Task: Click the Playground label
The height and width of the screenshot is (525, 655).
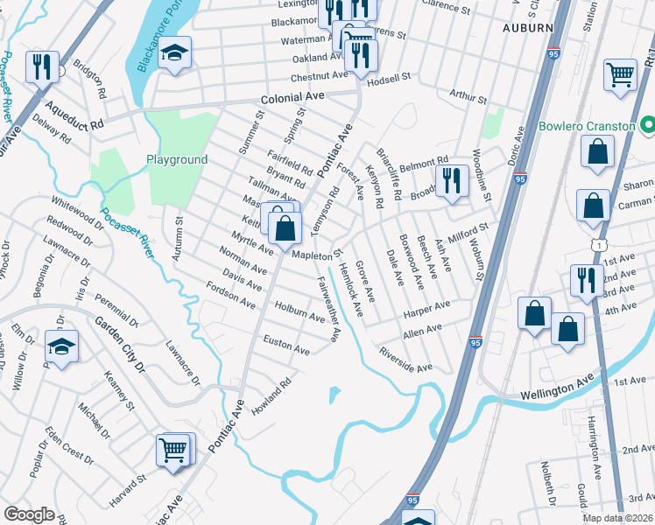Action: [x=176, y=159]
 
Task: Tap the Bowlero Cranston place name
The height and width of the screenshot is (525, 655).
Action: [x=586, y=126]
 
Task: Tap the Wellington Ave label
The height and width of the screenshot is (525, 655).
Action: [x=558, y=385]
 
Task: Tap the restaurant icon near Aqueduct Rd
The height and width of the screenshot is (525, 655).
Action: [x=42, y=66]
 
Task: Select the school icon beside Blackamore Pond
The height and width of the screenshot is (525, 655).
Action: [x=175, y=53]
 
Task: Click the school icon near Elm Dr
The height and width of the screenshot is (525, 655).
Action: [x=61, y=346]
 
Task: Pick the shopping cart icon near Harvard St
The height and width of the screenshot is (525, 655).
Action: [x=173, y=450]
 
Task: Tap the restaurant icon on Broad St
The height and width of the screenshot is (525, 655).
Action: [x=452, y=180]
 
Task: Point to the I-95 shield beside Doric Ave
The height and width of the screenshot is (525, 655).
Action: [x=520, y=178]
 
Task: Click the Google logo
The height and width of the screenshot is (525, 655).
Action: [x=29, y=514]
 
